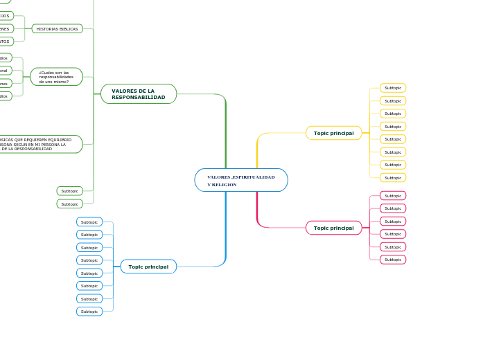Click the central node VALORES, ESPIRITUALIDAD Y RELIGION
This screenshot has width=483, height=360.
pyautogui.click(x=241, y=180)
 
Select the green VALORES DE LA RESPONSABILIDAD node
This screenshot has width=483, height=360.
pyautogui.click(x=139, y=94)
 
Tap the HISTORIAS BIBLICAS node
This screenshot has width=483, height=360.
pyautogui.click(x=57, y=29)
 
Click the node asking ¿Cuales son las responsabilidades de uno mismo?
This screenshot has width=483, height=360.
pyautogui.click(x=56, y=77)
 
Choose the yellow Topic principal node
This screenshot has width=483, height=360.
pyautogui.click(x=333, y=133)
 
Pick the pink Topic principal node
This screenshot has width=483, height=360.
pyautogui.click(x=333, y=228)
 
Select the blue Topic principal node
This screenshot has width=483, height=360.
pyautogui.click(x=148, y=267)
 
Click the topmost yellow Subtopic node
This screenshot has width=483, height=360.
pyautogui.click(x=393, y=88)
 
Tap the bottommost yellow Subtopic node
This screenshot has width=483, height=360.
pyautogui.click(x=393, y=178)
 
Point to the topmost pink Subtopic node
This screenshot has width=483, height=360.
pyautogui.click(x=393, y=196)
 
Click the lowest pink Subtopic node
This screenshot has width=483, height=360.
pyautogui.click(x=393, y=260)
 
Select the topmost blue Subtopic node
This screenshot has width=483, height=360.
pyautogui.click(x=89, y=222)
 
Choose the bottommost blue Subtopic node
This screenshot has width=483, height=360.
pyautogui.click(x=89, y=312)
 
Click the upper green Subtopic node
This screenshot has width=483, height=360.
pyautogui.click(x=69, y=191)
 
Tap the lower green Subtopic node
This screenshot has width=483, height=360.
pyautogui.click(x=69, y=204)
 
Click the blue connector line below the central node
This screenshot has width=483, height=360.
pyautogui.click(x=226, y=235)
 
